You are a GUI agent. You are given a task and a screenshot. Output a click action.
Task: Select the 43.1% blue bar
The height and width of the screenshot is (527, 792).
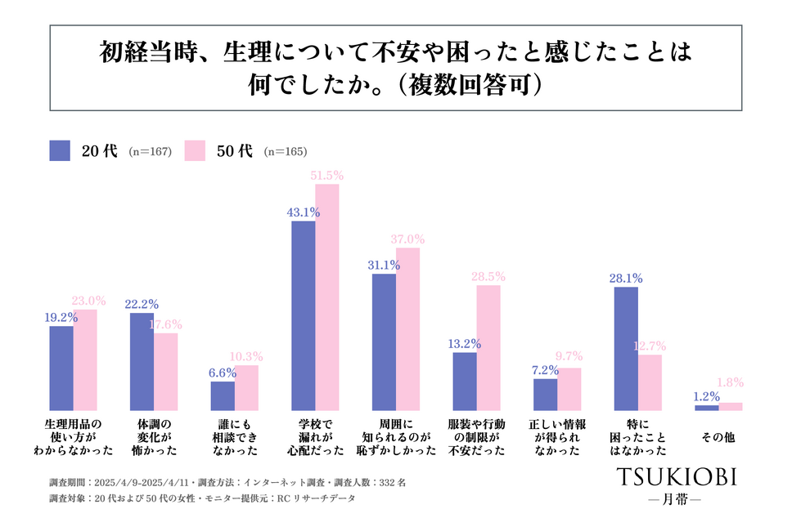click(304, 315)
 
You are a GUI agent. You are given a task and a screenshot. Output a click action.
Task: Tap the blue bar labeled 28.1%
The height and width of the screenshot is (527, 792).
click(626, 348)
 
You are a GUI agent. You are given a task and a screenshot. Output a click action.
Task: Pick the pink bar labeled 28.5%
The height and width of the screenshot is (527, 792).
click(488, 347)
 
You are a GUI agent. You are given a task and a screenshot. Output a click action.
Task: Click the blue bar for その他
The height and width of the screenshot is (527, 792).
click(706, 407)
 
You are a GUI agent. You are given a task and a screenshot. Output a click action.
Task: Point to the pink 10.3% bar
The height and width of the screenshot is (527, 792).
click(246, 387)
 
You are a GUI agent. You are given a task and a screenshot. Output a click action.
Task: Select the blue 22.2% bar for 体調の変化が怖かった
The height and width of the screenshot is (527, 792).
click(142, 361)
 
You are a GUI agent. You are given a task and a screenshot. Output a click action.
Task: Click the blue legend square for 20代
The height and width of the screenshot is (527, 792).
click(60, 150)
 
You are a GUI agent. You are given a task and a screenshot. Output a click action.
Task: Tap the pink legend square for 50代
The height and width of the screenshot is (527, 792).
click(195, 150)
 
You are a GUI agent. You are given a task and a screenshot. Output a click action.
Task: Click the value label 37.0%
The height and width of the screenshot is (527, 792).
click(408, 239)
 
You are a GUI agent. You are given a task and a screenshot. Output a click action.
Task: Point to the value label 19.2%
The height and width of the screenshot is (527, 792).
click(61, 317)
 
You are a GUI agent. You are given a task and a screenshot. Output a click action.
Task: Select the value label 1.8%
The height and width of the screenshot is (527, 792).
click(731, 382)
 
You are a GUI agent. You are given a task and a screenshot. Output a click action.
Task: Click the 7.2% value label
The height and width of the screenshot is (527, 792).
click(545, 370)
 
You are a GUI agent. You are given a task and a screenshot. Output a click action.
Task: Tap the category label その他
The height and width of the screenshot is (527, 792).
click(718, 438)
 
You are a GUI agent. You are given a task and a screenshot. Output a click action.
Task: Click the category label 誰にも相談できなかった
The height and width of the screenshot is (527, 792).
click(235, 437)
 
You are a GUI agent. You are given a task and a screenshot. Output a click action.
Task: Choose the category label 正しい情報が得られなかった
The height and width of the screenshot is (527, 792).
click(557, 437)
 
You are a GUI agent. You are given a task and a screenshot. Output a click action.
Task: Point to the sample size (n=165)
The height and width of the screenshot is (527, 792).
click(285, 151)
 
